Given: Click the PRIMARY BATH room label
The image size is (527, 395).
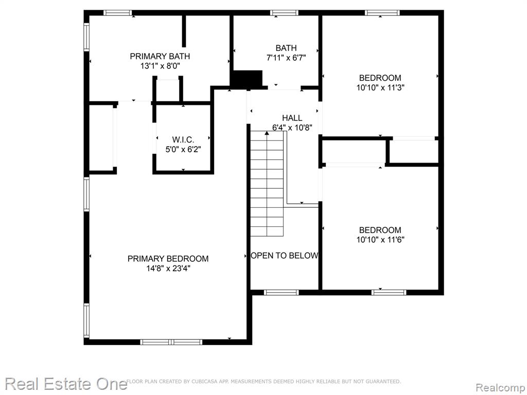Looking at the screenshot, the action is [160, 56].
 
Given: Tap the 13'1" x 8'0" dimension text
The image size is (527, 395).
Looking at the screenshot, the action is [161, 66].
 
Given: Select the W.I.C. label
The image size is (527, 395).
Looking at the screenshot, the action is [183, 139].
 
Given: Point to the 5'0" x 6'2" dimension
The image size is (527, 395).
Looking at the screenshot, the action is [183, 149].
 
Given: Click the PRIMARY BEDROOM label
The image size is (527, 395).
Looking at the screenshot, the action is [168, 259].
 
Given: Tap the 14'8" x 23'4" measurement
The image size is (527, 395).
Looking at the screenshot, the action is [168, 268].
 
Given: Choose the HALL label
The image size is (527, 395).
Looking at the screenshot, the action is [292, 118].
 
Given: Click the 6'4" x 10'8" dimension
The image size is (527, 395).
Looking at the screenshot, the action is [292, 128].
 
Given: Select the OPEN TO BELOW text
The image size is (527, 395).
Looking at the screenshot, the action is [285, 256].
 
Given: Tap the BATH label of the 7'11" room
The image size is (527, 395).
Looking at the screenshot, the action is [286, 48].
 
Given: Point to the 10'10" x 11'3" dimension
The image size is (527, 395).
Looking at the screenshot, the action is [380, 87].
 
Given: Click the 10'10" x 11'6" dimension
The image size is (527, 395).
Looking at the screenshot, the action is [380, 240].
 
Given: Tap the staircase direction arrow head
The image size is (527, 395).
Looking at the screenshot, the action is [267, 133].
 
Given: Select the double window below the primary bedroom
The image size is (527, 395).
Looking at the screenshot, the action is [171, 342].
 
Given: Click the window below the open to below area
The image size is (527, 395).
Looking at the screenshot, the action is [282, 293].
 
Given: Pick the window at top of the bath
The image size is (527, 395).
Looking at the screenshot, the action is [284, 13].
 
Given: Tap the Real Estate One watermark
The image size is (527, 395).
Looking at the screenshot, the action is [66, 384].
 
